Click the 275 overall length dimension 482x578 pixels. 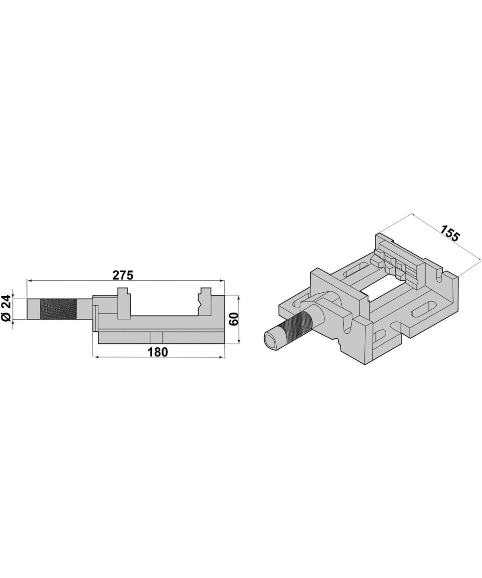tap(123, 276)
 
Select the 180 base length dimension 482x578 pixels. tap(158, 353)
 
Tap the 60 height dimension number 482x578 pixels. tap(234, 319)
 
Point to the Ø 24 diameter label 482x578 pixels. tap(6, 309)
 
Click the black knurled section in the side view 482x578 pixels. tap(58, 309)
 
